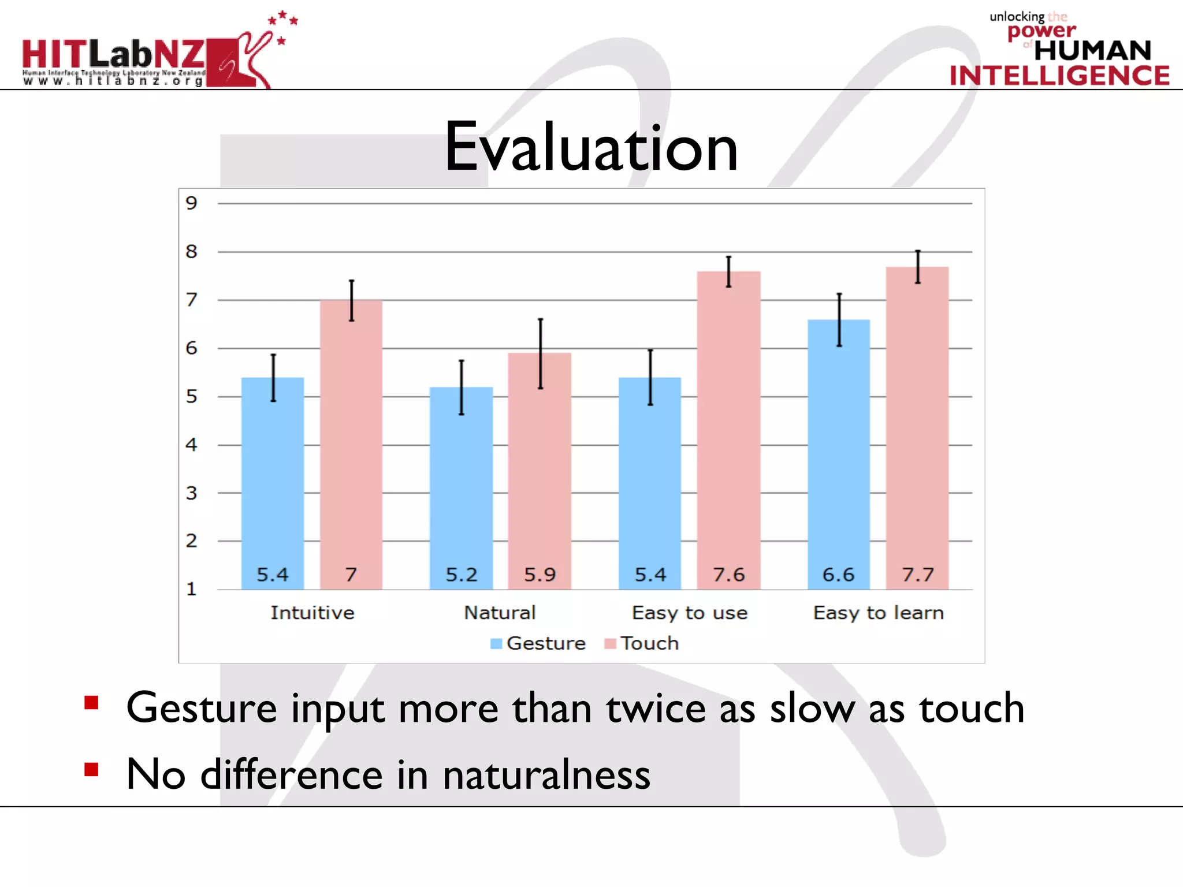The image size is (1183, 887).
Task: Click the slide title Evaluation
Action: click(x=591, y=147)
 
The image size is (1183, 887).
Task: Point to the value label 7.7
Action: click(x=918, y=575)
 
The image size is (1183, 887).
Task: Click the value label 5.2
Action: click(x=462, y=575)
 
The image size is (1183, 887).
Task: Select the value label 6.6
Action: click(x=838, y=575)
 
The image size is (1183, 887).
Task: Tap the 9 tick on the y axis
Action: click(x=191, y=203)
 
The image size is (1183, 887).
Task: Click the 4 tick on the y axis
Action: click(x=191, y=445)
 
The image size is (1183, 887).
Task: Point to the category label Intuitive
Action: click(x=313, y=613)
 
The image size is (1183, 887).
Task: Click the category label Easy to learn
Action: click(x=879, y=613)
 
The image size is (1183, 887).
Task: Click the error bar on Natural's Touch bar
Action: click(x=541, y=353)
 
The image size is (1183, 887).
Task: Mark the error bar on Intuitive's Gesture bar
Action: click(x=273, y=378)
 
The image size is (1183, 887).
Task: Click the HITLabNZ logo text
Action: click(x=113, y=55)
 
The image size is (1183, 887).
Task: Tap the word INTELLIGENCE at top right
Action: click(x=1059, y=76)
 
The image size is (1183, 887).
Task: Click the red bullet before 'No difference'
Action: click(x=91, y=770)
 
